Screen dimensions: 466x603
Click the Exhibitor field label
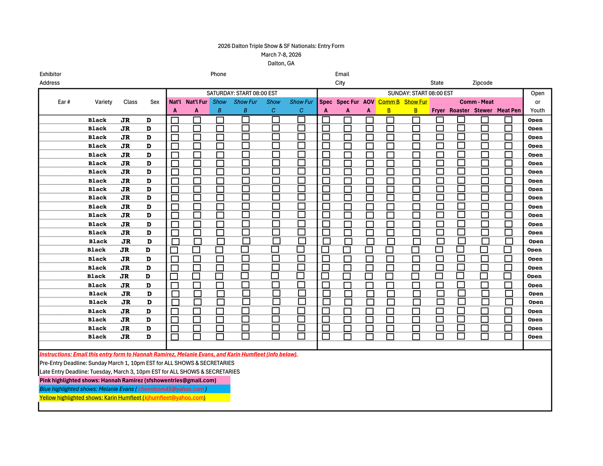(50, 74)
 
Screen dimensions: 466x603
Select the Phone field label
(218, 74)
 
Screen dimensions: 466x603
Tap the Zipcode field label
(482, 83)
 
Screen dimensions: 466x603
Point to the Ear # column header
(64, 102)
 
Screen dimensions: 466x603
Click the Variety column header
(103, 102)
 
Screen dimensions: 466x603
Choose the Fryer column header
(438, 110)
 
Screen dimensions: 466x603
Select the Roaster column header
(459, 110)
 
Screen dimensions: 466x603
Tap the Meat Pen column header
(509, 110)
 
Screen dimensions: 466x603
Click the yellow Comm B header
(389, 102)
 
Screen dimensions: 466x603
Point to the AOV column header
(369, 102)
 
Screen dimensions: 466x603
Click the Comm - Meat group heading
(476, 102)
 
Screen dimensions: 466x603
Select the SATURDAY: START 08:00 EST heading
(242, 93)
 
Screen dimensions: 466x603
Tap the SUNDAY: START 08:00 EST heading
(420, 93)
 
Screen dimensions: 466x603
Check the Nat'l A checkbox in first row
(175, 120)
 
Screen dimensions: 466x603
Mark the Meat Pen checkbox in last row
(508, 336)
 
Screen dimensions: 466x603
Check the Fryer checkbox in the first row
(440, 120)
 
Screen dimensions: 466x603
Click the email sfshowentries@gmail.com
(180, 380)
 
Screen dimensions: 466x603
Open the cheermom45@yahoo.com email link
(171, 389)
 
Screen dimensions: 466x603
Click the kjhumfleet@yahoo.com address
(174, 398)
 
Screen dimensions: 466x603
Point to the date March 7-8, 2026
(281, 55)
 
